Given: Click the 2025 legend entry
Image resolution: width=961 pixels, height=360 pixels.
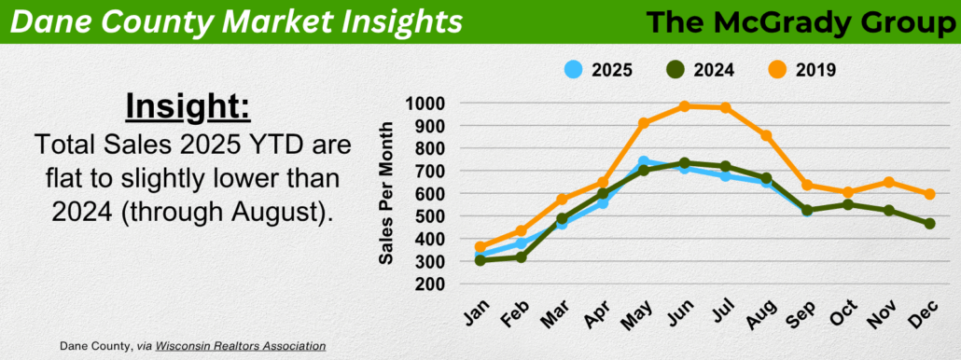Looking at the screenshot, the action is (597, 70).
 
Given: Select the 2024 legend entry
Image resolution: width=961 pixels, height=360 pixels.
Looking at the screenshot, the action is (700, 70).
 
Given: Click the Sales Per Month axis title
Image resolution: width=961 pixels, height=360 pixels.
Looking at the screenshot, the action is (385, 193).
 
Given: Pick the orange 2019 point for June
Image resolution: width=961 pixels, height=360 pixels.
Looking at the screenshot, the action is (685, 106).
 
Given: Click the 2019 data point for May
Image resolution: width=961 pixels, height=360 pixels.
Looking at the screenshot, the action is (644, 123).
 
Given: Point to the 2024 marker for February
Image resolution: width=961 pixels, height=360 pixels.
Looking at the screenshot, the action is (522, 256).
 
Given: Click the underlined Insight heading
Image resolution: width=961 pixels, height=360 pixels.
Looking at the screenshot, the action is (188, 107).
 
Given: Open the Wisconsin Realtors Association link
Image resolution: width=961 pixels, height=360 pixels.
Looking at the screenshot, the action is (241, 346).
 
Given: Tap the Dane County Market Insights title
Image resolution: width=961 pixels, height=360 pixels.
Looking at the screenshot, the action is (237, 22).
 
